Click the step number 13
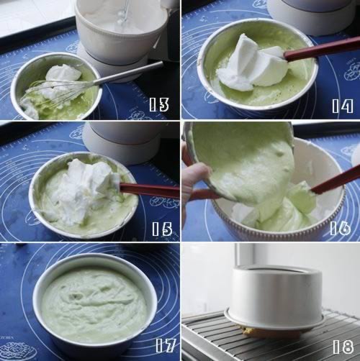click(x=159, y=104)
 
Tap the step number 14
click(x=343, y=106)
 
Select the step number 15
click(x=162, y=229)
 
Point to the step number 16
click(x=341, y=228)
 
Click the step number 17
click(x=166, y=345)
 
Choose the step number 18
click(x=343, y=347)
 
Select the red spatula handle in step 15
click(x=149, y=191)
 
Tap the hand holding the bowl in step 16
click(x=194, y=178)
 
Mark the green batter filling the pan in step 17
click(x=94, y=303)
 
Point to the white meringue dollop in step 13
click(x=63, y=73)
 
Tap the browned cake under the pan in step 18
click(x=250, y=332)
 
